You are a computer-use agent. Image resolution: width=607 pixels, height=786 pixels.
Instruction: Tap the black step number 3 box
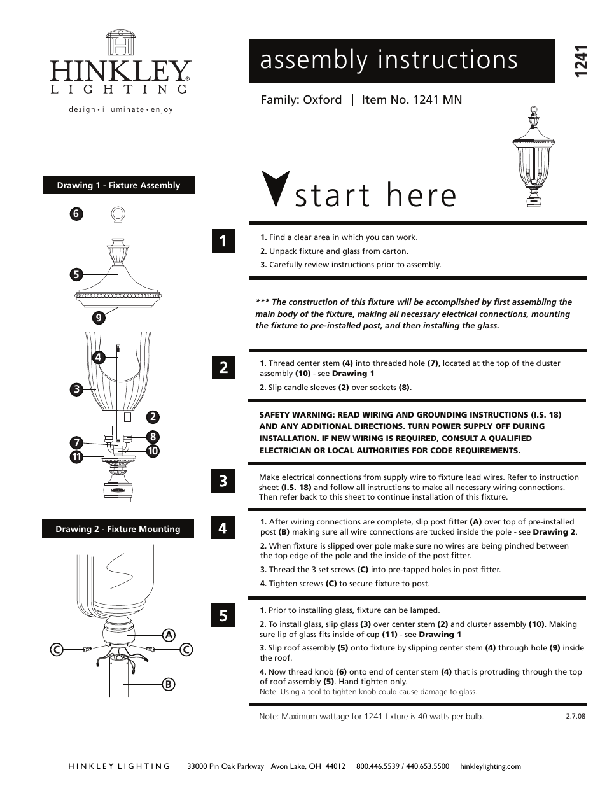[x=223, y=481]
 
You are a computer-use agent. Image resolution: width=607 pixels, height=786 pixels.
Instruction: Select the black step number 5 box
[x=223, y=615]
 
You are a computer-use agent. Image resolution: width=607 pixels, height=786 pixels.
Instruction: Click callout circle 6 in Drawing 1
[x=76, y=214]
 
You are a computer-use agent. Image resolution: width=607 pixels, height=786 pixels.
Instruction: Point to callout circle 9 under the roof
[x=98, y=318]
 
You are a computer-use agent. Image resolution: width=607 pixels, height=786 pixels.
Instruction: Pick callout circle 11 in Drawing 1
[x=77, y=456]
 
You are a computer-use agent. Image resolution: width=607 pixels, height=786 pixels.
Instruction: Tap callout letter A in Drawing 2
[x=169, y=635]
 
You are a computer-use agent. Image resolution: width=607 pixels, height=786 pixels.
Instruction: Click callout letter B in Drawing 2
[x=168, y=684]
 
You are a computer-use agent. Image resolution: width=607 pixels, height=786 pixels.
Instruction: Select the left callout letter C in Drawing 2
[x=57, y=650]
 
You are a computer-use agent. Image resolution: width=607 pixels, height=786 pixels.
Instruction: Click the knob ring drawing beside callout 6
[x=119, y=214]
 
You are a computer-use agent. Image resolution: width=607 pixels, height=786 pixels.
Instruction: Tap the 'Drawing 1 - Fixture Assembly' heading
[x=118, y=185]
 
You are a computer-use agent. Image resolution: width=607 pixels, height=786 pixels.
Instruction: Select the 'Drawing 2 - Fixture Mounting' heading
[x=118, y=529]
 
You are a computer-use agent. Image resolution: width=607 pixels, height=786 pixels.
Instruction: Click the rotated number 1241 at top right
[x=579, y=62]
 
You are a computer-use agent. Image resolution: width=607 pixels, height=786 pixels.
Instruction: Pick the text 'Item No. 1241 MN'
[x=412, y=100]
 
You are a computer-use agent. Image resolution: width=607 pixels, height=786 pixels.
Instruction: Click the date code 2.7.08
[x=575, y=716]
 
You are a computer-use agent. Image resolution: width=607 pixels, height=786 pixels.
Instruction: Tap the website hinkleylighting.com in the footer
[x=490, y=766]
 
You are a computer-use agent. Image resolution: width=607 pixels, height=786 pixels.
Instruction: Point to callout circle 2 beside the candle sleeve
[x=153, y=417]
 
